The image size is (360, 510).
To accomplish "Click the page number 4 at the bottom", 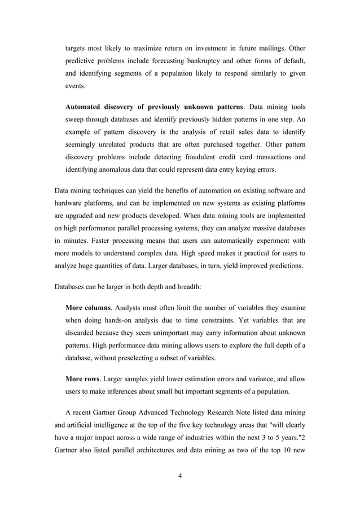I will click(x=179, y=476).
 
